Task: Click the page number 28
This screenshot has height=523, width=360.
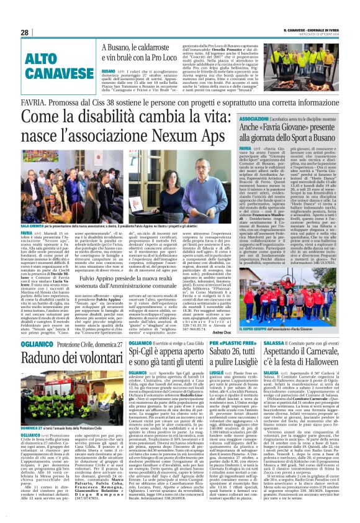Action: click(x=24, y=32)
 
